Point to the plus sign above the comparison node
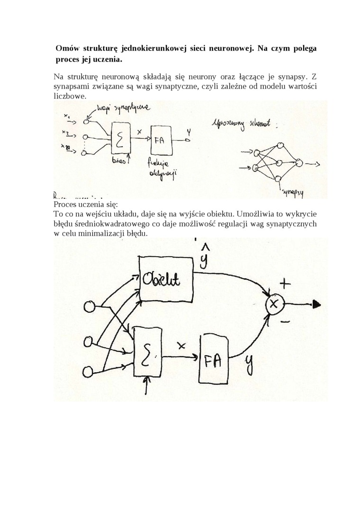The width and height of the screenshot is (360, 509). pyautogui.click(x=285, y=284)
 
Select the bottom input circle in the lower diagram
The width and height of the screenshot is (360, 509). pyautogui.click(x=88, y=370)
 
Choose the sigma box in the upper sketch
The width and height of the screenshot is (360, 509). pyautogui.click(x=121, y=138)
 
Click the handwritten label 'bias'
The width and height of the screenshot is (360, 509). pyautogui.click(x=120, y=161)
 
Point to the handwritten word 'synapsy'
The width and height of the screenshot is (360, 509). pyautogui.click(x=293, y=193)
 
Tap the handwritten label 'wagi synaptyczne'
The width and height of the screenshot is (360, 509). pyautogui.click(x=124, y=109)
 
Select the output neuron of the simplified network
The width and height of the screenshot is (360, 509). pyautogui.click(x=298, y=163)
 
